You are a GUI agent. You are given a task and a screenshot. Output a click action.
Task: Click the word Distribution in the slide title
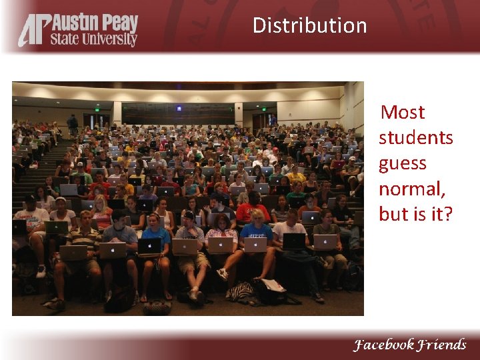coord(309,25)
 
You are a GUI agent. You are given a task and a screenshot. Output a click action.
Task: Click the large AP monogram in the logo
coord(33,31)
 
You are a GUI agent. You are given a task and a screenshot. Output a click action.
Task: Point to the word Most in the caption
coord(402,112)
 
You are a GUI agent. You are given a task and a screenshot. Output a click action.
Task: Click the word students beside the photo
coord(415,137)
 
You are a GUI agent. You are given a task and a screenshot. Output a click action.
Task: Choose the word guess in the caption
coord(402,164)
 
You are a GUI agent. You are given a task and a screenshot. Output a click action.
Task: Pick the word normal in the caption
coord(411,189)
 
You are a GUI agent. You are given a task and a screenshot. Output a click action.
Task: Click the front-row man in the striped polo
coord(83,237)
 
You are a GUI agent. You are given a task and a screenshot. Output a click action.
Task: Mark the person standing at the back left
coord(72,124)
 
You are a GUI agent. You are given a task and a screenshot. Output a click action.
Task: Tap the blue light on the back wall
coord(179,108)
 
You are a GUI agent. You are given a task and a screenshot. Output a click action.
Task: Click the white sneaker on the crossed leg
coord(222,273)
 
